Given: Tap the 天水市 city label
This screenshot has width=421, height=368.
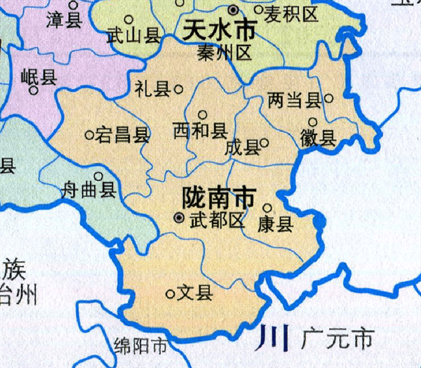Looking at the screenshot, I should (x=218, y=30).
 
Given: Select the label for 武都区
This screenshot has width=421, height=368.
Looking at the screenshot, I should (x=217, y=220).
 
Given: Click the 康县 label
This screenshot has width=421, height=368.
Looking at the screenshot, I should (x=274, y=224).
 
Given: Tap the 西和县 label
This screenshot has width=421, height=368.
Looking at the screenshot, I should (x=200, y=131).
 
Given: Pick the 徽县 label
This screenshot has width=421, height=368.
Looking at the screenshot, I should (x=319, y=138).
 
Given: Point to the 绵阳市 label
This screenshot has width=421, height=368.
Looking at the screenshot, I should (x=140, y=346).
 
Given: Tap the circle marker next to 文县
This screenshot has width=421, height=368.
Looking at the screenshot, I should (x=170, y=294).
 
